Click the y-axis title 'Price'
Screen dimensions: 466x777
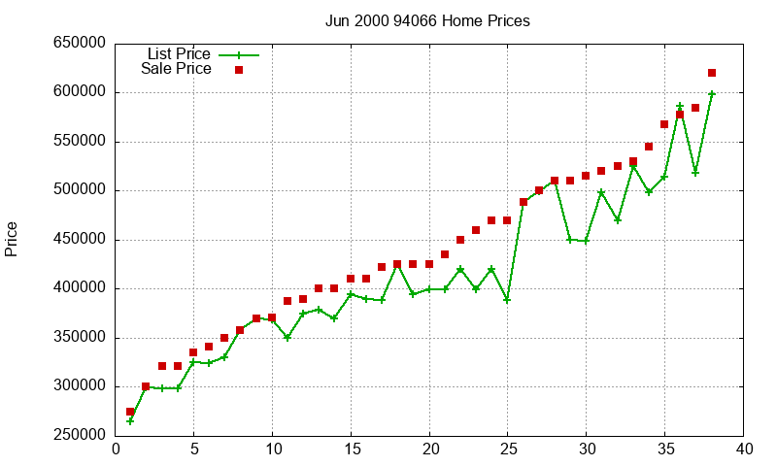coord(12,239)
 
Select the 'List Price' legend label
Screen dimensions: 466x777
coord(179,53)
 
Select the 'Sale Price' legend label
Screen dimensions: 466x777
coord(176,69)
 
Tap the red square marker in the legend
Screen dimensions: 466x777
coord(239,70)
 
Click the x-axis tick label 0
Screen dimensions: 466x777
coord(116,449)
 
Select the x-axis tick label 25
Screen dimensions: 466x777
coord(508,449)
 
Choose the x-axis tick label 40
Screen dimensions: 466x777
coord(744,449)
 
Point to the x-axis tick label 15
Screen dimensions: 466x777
coord(351,449)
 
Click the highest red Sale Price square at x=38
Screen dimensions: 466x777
coord(712,73)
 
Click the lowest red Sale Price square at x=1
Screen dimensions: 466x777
coord(130,412)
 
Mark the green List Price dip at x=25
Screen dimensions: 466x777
coord(507,300)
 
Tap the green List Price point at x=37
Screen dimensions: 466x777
coord(695,173)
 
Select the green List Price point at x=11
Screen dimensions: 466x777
coord(287,338)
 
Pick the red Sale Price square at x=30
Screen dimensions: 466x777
coord(586,176)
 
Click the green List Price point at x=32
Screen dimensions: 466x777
coord(618,220)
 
